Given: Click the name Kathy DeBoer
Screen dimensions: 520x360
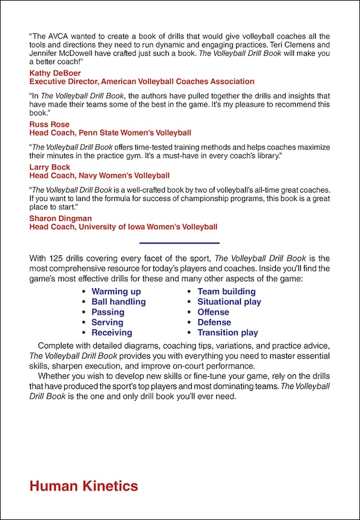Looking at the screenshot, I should (54, 73).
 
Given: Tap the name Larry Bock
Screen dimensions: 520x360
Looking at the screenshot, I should (50, 167).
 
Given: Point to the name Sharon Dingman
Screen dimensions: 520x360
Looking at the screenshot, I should (61, 218).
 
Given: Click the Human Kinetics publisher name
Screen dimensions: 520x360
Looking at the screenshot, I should (83, 486).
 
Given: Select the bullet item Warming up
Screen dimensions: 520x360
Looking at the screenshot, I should (116, 291).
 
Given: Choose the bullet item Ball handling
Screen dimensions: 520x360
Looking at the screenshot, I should (119, 302).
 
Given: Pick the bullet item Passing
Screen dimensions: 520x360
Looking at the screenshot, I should (108, 312).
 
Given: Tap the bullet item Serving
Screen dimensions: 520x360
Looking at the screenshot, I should (107, 322).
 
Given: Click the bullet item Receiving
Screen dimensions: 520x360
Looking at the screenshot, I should (112, 333).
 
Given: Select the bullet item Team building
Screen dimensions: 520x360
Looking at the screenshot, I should (226, 291).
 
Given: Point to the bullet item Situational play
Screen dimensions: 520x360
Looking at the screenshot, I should (229, 302).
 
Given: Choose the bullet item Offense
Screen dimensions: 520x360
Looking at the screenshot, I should (213, 312).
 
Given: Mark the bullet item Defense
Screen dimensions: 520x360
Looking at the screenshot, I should (214, 322).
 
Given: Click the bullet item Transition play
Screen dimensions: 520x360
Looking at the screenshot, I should (227, 333).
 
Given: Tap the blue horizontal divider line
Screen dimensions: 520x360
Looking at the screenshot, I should (179, 243).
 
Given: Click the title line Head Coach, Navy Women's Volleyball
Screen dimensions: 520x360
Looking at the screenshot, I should (99, 175).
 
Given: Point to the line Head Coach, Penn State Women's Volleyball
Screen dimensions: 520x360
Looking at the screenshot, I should (110, 133).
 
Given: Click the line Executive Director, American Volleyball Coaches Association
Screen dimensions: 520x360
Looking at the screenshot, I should (142, 82).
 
